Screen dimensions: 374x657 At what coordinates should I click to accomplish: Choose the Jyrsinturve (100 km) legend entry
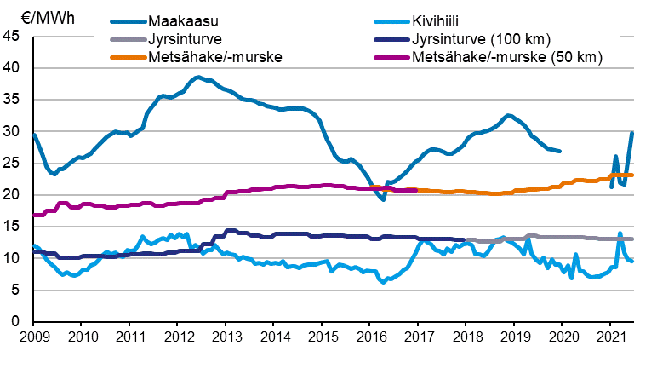click(481, 39)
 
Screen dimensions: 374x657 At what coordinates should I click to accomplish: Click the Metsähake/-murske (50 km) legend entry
click(506, 57)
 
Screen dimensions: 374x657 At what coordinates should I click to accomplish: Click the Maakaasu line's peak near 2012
click(197, 78)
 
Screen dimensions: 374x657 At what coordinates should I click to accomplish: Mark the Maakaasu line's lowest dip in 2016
click(384, 199)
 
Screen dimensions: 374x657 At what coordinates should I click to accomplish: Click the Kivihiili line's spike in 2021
click(620, 233)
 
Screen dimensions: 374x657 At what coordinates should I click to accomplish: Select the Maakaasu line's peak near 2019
click(508, 115)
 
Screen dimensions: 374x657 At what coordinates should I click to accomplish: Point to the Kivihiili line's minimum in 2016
click(385, 281)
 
